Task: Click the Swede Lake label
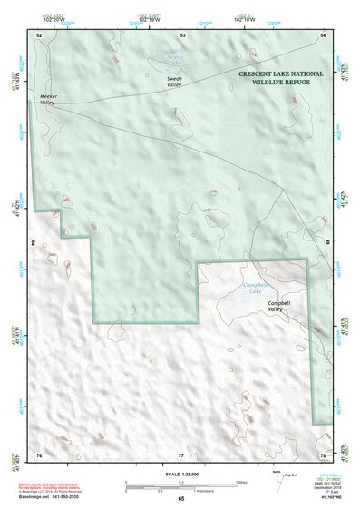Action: tap(175, 60)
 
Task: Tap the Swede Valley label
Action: tap(176, 81)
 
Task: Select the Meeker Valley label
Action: tap(48, 99)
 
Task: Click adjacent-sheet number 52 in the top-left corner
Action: tap(39, 34)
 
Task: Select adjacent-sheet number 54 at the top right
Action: tap(324, 34)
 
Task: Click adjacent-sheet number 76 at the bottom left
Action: tap(39, 454)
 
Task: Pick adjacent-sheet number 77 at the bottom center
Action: tap(181, 454)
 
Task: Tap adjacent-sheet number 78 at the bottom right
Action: tap(324, 454)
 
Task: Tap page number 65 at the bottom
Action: tap(181, 500)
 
